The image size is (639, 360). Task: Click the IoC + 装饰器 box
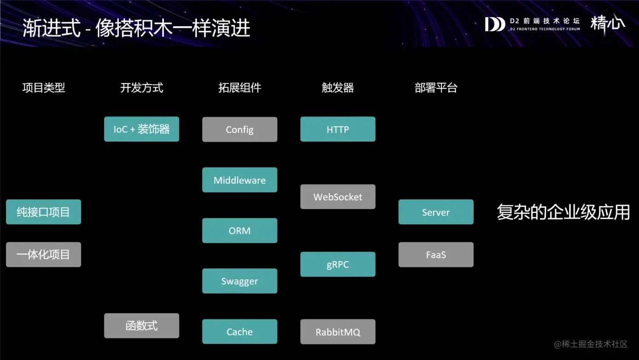click(x=141, y=129)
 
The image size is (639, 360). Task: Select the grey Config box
click(x=239, y=129)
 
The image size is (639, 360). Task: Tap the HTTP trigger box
click(x=337, y=129)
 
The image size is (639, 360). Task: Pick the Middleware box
click(x=239, y=180)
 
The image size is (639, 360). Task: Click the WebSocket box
click(x=337, y=197)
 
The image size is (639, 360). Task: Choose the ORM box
click(x=239, y=231)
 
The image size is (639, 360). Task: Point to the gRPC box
click(x=337, y=264)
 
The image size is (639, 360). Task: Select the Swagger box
click(x=239, y=281)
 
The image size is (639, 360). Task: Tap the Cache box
click(x=239, y=331)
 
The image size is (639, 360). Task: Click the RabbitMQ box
click(x=337, y=331)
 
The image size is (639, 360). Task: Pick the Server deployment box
click(x=436, y=212)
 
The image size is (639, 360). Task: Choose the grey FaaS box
click(x=436, y=255)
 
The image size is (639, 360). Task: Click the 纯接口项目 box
click(x=43, y=212)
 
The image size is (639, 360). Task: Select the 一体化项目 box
click(x=43, y=255)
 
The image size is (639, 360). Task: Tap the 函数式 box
click(x=141, y=326)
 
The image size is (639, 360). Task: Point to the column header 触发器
click(x=337, y=88)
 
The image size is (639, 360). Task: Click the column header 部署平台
click(x=436, y=88)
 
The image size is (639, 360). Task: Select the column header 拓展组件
click(x=239, y=88)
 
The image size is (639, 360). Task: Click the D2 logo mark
click(x=495, y=24)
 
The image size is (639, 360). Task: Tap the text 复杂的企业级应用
click(x=563, y=212)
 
